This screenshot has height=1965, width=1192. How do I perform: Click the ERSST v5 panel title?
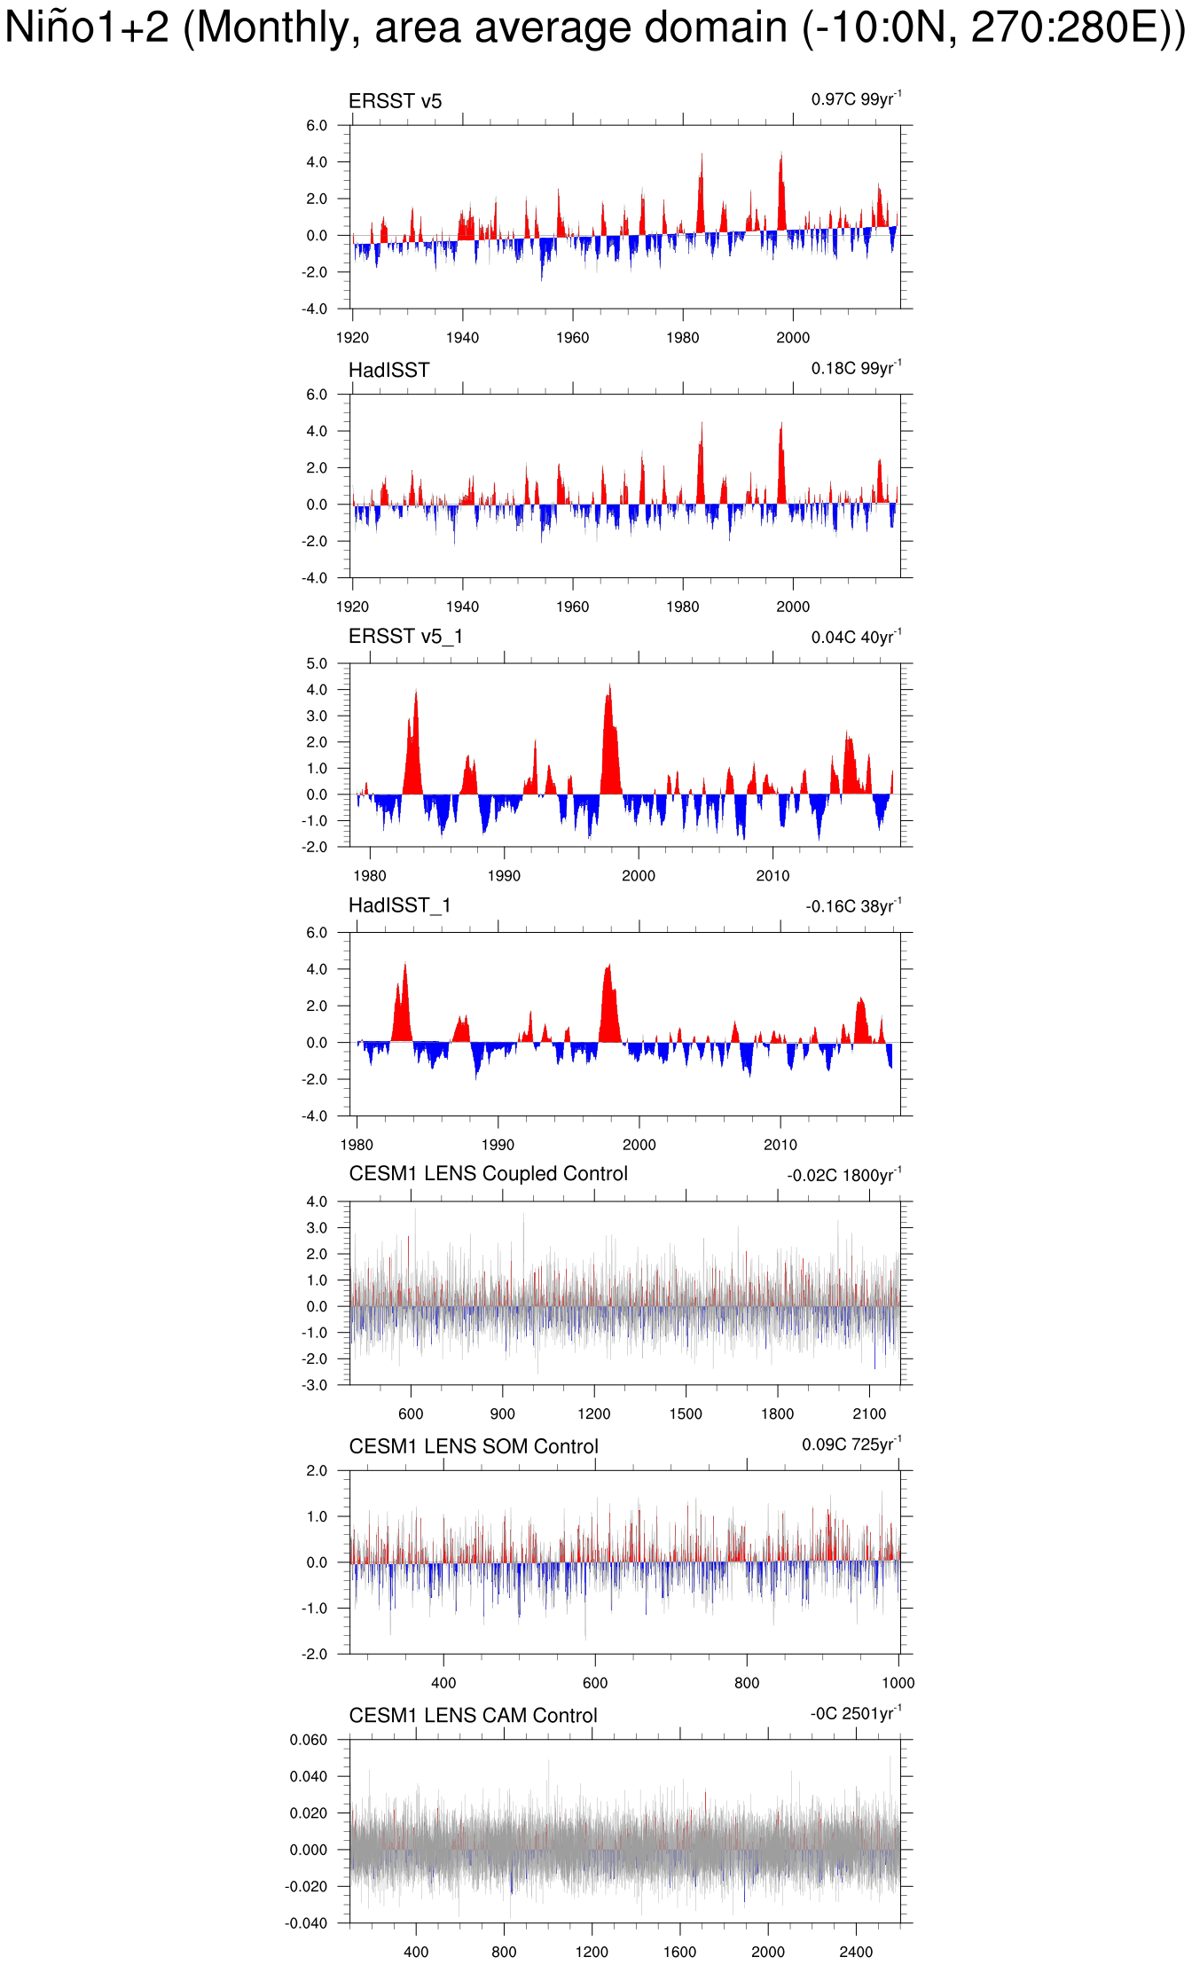tap(395, 101)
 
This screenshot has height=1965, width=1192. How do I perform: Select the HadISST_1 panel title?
tap(399, 905)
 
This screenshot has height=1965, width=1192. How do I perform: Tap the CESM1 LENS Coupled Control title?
tap(488, 1174)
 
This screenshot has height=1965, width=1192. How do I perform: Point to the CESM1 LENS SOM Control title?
tap(474, 1446)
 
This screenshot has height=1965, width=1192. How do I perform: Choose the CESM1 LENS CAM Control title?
tap(473, 1716)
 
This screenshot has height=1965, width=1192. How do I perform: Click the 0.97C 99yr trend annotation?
tap(856, 98)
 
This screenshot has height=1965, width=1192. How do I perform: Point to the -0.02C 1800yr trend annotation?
tap(843, 1175)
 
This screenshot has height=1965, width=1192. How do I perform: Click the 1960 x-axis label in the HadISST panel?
tap(572, 607)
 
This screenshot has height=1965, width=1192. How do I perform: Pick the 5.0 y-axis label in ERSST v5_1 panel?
tap(317, 663)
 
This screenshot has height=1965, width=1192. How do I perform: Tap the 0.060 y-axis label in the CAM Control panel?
tap(308, 1740)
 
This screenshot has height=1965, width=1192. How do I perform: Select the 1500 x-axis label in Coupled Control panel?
tap(686, 1414)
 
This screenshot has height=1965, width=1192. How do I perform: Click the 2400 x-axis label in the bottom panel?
tap(856, 1952)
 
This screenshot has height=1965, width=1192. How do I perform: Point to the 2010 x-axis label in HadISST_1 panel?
tap(780, 1145)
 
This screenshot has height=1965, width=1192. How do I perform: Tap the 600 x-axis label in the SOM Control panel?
tap(595, 1683)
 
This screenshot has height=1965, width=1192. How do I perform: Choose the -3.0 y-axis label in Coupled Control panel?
tap(316, 1385)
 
